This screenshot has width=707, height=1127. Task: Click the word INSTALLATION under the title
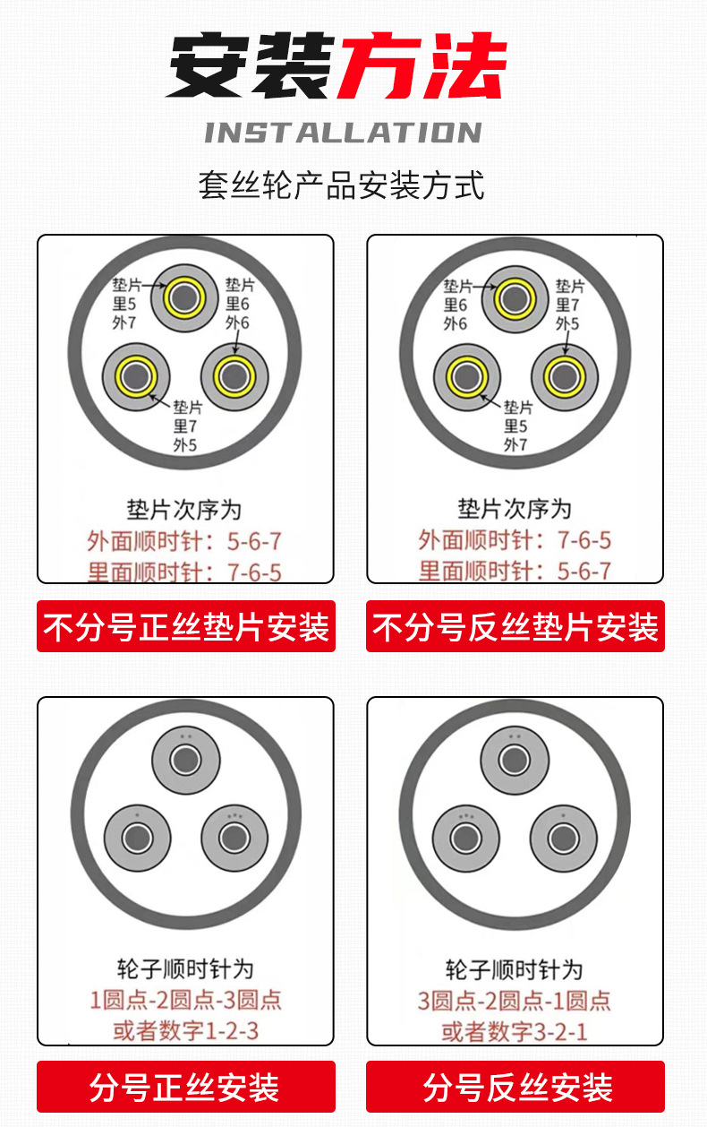[x=343, y=133]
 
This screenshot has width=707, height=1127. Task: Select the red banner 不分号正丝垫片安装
[x=186, y=626]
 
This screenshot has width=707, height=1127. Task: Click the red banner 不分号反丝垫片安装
[x=515, y=626]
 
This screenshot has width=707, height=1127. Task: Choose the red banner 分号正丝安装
[x=185, y=1088]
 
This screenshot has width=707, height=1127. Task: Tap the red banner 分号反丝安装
[x=515, y=1088]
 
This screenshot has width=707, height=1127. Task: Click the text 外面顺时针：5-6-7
[x=184, y=541]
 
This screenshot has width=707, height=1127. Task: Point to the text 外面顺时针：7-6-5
[x=515, y=541]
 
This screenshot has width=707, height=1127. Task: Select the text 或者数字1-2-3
[x=185, y=1030]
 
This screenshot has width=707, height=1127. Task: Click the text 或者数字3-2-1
[x=515, y=1030]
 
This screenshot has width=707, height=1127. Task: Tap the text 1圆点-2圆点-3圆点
[x=185, y=1000]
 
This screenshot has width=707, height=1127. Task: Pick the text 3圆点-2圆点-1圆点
[x=515, y=1000]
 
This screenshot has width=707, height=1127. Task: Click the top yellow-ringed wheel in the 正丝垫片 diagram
[x=185, y=297]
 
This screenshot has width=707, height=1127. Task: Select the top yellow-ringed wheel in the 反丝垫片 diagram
[x=515, y=297]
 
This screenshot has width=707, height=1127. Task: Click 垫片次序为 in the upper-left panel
[x=184, y=510]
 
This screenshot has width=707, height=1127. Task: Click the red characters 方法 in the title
[x=421, y=67]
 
